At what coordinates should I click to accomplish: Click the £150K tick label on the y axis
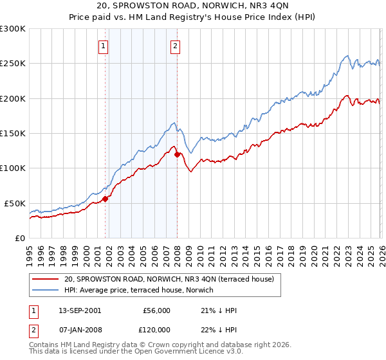click(x=12, y=133)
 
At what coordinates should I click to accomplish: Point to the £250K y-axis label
click(x=12, y=64)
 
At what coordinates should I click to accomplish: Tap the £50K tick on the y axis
click(x=14, y=203)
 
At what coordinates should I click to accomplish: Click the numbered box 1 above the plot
click(x=104, y=46)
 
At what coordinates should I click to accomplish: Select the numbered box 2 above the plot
click(x=175, y=46)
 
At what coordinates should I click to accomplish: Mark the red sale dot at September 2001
click(x=106, y=199)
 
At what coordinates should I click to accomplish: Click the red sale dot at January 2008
click(x=177, y=154)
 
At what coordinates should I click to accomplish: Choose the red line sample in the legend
click(x=46, y=279)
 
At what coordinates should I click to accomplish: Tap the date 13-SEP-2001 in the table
click(x=75, y=310)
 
